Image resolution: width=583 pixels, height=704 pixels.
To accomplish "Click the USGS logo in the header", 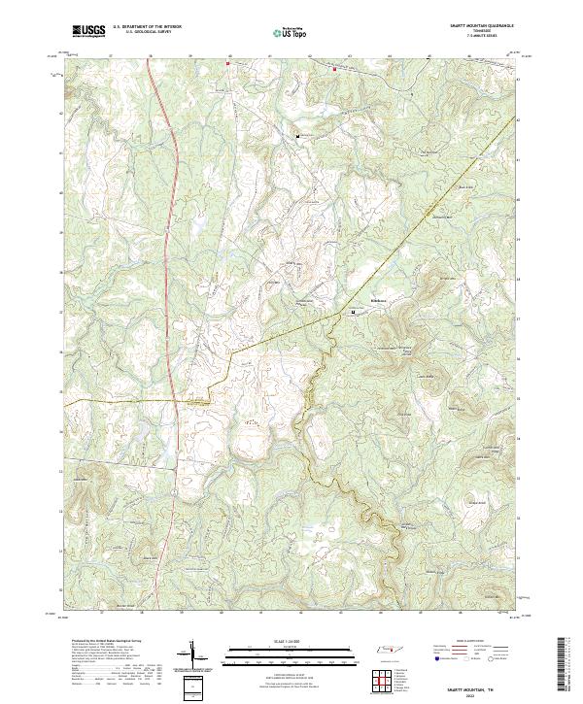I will coord(88,31).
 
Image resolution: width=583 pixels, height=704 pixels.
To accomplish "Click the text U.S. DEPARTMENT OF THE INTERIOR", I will coord(147,27).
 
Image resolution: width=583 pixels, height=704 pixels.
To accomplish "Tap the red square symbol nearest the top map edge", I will coord(334,69).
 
